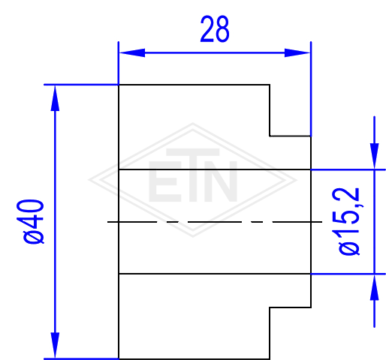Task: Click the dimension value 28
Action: tap(215, 29)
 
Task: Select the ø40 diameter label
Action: tap(30, 221)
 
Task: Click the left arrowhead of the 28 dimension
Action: tap(132, 52)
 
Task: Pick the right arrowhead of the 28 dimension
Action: tap(297, 52)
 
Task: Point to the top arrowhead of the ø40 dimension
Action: tap(55, 98)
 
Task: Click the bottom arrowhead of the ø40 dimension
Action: tap(55, 346)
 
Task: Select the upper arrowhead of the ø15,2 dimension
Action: tap(374, 156)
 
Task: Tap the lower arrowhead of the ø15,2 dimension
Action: tap(374, 287)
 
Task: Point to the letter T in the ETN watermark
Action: tap(193, 175)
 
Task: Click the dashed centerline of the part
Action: tap(215, 222)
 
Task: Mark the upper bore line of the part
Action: tap(215, 169)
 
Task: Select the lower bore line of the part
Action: tap(215, 274)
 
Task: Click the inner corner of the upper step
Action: tap(270, 136)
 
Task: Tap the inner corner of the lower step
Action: tap(270, 307)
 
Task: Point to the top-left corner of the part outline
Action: tap(119, 85)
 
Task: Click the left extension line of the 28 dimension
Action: tap(119, 63)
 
